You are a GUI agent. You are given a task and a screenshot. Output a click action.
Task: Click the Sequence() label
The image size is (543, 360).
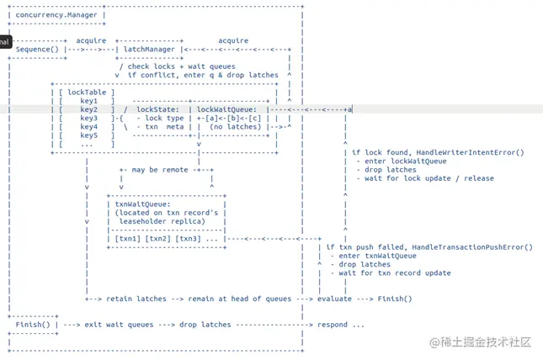pos(37,49)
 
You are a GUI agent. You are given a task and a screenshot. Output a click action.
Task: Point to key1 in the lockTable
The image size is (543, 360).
pos(89,101)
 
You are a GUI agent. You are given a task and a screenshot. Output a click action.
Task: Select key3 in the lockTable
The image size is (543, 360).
pos(89,119)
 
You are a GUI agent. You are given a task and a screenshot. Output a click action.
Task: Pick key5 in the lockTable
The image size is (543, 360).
pos(89,135)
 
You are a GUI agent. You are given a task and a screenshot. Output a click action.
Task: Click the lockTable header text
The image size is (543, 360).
pos(87,93)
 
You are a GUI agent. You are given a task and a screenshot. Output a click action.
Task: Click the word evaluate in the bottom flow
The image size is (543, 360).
pos(334,299)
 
